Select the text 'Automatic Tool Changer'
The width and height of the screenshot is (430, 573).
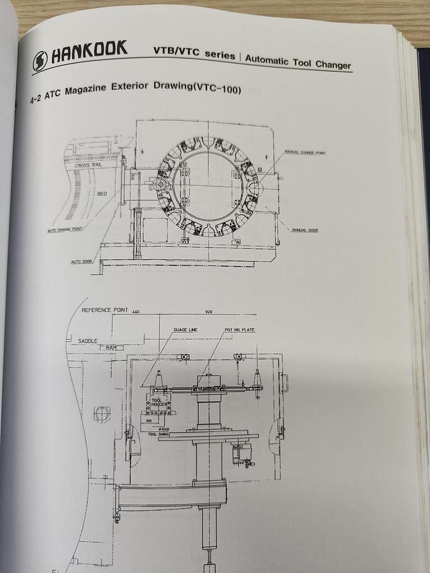(x=297, y=61)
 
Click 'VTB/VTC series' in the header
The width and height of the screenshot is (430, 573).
(x=194, y=53)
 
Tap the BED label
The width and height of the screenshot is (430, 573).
(x=102, y=194)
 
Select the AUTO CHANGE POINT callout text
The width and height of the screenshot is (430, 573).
(x=65, y=230)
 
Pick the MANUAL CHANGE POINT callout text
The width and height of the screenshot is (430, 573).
(x=304, y=153)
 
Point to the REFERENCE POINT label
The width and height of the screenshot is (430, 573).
(x=105, y=310)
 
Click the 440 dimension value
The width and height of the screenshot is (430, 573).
(x=135, y=312)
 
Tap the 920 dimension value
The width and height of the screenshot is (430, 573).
(x=208, y=312)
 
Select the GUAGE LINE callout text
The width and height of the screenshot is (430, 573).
(x=185, y=330)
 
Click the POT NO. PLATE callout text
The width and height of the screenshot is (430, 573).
(x=240, y=330)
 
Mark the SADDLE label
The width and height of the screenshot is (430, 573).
(x=88, y=341)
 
